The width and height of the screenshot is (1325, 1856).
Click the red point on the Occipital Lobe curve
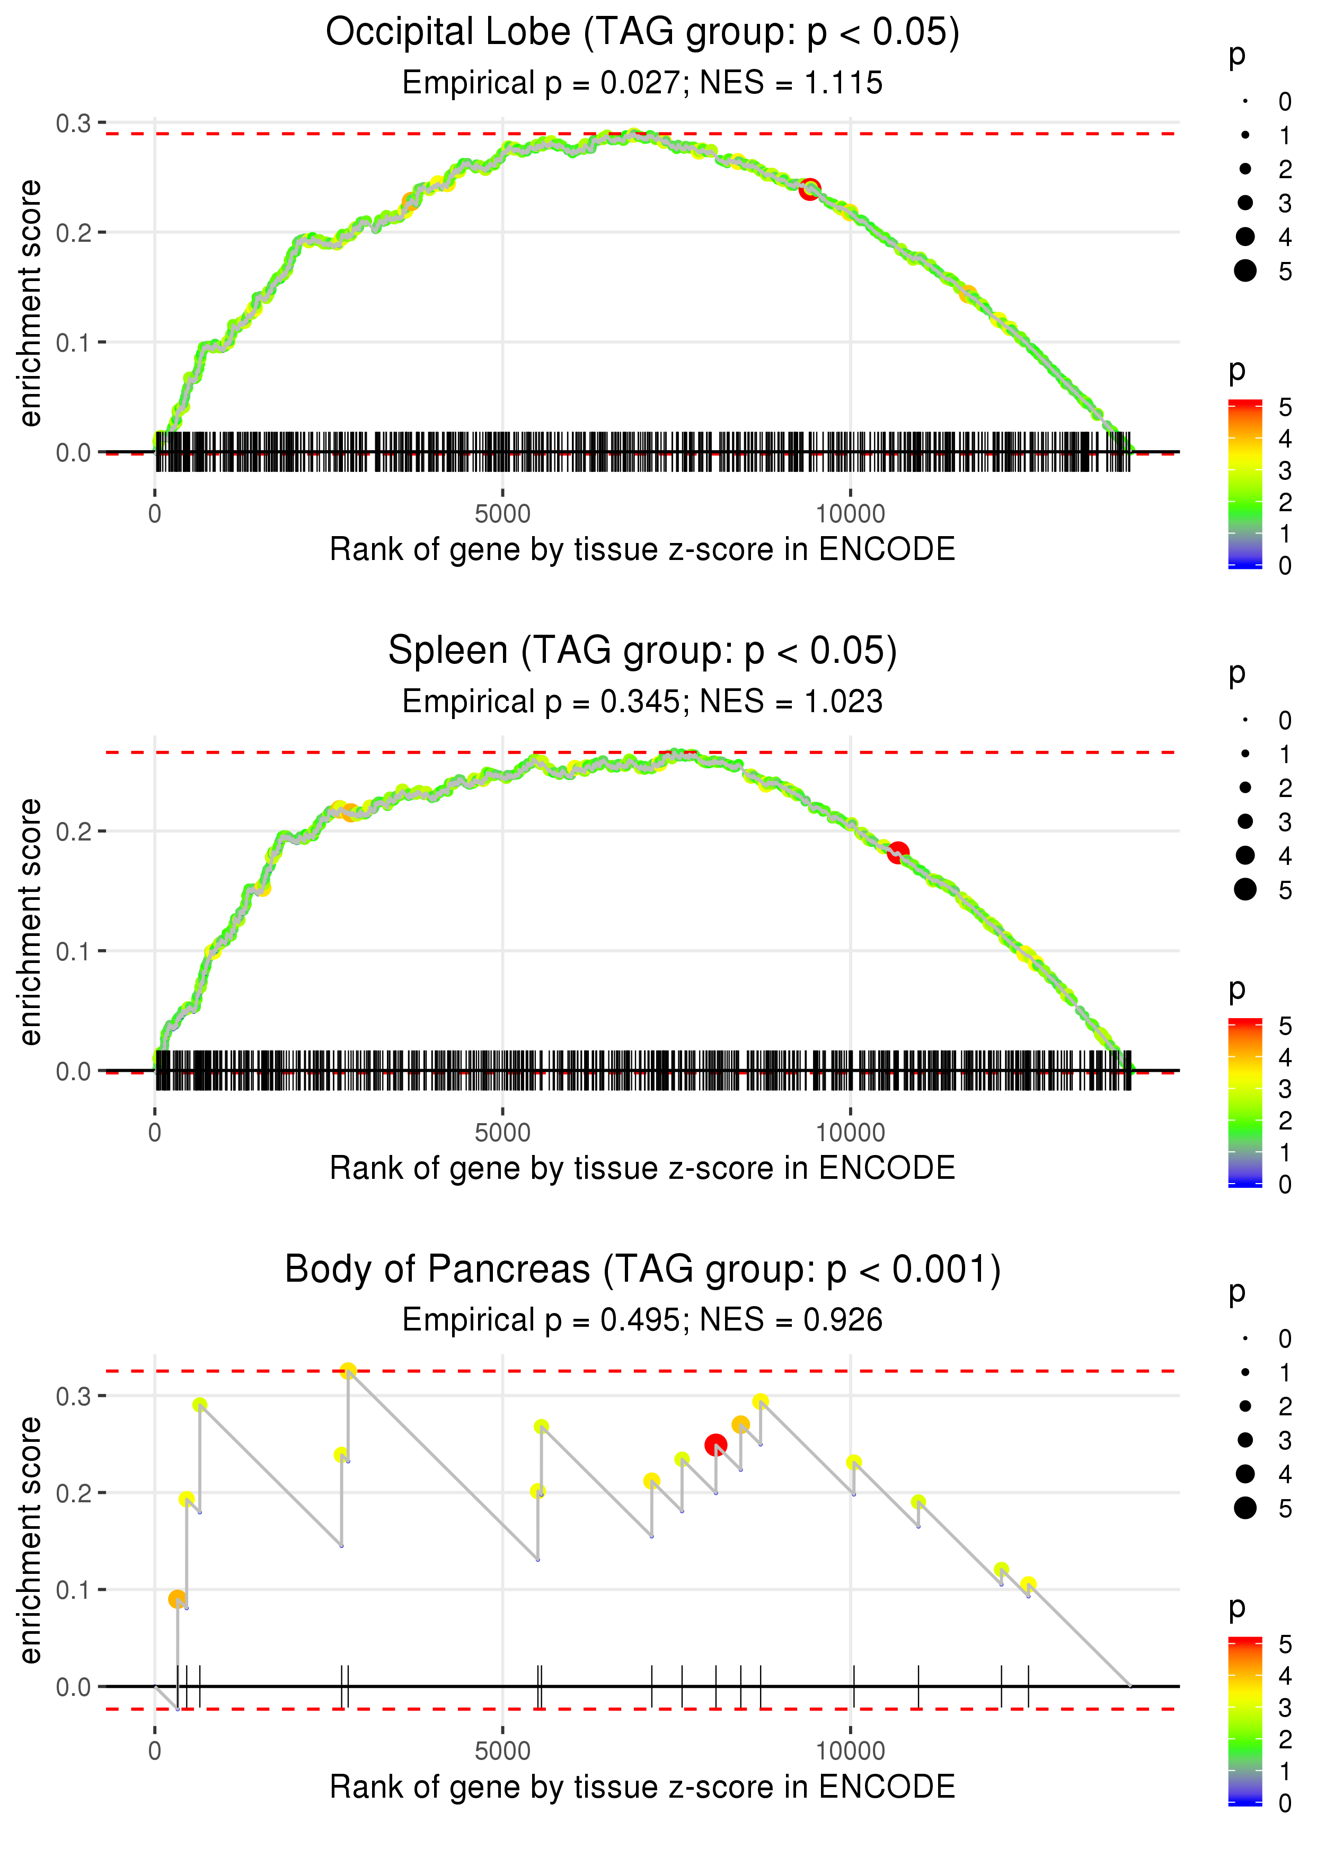click(x=809, y=189)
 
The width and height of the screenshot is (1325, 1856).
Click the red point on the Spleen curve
click(x=897, y=853)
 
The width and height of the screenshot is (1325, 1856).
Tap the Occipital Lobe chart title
click(x=642, y=33)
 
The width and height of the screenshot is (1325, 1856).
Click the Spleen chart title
click(x=642, y=651)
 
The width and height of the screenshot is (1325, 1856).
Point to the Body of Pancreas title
click(x=642, y=1269)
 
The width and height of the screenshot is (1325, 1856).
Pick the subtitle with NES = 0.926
click(x=642, y=1320)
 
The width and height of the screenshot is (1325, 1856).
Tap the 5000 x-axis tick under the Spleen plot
click(x=502, y=1133)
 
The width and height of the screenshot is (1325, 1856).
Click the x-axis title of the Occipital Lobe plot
click(x=642, y=549)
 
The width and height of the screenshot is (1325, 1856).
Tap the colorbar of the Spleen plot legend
click(x=1244, y=1102)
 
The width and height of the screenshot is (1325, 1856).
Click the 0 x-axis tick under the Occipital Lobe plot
click(x=155, y=514)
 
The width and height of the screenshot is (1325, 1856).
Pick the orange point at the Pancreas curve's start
click(x=177, y=1599)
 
